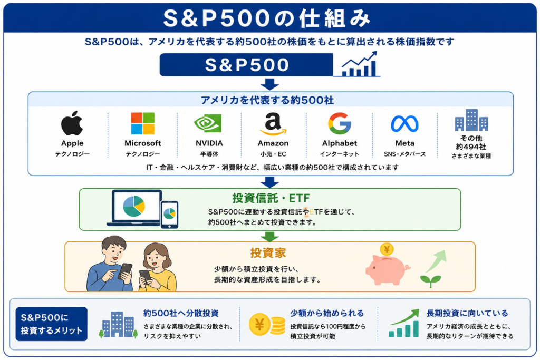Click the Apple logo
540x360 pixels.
pos(72,123)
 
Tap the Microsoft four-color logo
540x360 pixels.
pos(142,123)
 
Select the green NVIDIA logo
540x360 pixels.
pos(208,123)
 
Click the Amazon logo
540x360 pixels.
pos(273,124)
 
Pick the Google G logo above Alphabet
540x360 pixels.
pos(340,123)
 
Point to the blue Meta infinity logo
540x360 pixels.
pos(404,124)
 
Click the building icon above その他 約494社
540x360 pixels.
pos(471,120)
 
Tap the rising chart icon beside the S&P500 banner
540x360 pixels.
pos(360,64)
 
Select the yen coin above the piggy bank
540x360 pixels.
pos(387,249)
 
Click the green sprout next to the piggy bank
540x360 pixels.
pos(430,281)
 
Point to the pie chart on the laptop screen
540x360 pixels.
pos(134,206)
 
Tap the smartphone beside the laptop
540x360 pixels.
pos(169,215)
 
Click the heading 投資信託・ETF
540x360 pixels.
pos(271,198)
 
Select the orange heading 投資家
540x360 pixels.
pos(268,253)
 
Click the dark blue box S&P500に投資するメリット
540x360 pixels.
pos(51,324)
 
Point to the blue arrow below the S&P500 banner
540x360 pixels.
pos(269,84)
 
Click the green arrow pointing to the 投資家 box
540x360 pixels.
pos(269,236)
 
